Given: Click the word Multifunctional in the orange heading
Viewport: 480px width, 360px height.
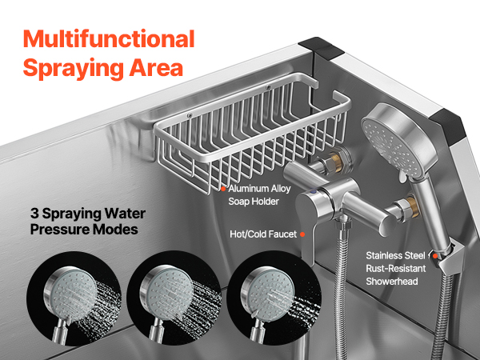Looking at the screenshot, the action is click(x=109, y=39).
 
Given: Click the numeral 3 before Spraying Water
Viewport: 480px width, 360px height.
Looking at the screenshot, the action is click(x=34, y=214).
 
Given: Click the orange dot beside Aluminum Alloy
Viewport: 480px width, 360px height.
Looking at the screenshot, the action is click(x=223, y=189).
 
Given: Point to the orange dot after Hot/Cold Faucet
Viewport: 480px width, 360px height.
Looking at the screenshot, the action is click(x=302, y=234).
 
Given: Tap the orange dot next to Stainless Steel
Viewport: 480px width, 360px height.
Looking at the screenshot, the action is click(x=434, y=256).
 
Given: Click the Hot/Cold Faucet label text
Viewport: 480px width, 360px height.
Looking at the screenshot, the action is click(x=263, y=234).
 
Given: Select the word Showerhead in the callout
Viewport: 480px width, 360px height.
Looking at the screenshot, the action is click(x=392, y=282).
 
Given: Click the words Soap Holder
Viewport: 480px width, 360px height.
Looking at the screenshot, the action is click(x=254, y=202).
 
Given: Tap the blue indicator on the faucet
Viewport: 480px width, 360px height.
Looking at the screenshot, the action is click(x=313, y=192).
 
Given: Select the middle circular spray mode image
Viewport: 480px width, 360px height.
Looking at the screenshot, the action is click(x=174, y=298).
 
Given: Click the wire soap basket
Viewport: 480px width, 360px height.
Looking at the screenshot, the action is click(x=252, y=133).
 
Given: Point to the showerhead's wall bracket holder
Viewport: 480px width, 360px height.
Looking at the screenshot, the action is click(x=447, y=257).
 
